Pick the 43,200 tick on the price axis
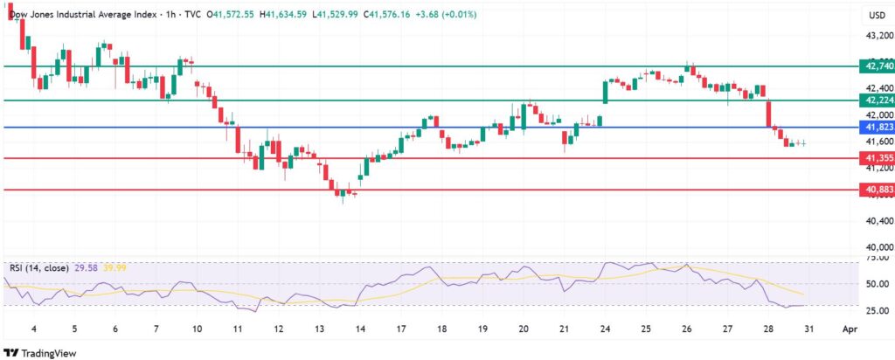[877, 36]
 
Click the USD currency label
[876, 15]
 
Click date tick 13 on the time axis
[318, 330]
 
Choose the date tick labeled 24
[605, 330]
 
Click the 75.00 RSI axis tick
[877, 258]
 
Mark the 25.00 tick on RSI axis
[877, 310]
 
